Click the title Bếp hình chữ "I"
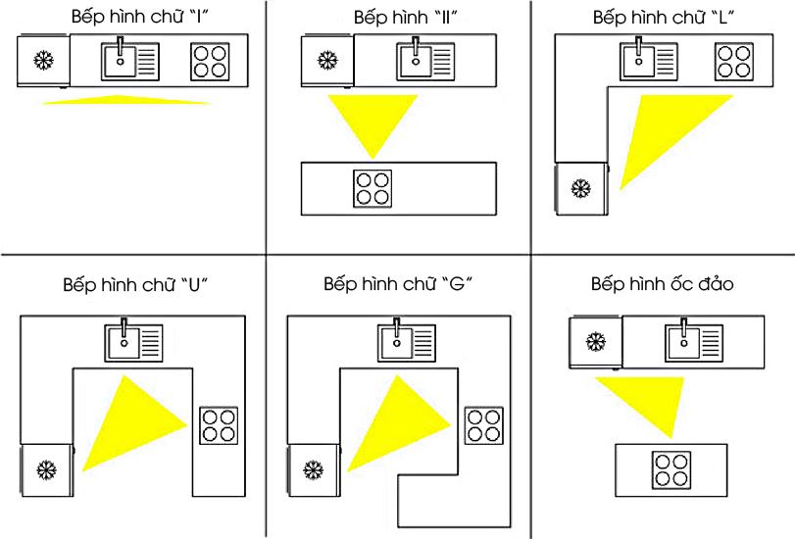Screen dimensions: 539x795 [131, 18]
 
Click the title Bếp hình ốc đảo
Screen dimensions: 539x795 [662, 284]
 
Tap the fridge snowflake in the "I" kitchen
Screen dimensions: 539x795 [43, 60]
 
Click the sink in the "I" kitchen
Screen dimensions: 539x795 [130, 60]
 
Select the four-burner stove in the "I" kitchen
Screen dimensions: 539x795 [210, 61]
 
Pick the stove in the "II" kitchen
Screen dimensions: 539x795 [371, 189]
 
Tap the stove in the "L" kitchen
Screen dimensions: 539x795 [733, 61]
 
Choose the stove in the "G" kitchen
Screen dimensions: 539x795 [483, 424]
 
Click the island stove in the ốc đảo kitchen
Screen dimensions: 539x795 [670, 469]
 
